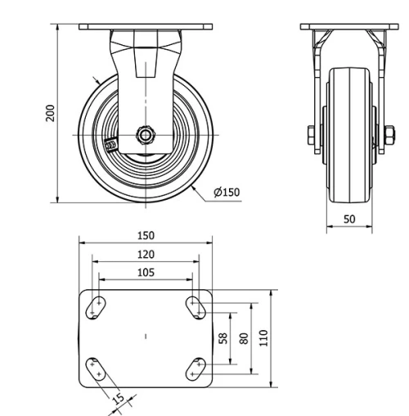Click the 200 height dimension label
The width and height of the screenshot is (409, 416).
50,112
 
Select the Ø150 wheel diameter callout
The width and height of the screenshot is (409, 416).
226,192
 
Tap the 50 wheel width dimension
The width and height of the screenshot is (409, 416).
348,219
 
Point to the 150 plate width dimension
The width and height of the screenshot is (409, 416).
146,235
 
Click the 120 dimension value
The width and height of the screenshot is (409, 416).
146,254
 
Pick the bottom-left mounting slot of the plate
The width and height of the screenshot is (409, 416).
97,368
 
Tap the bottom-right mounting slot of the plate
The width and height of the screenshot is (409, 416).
196,368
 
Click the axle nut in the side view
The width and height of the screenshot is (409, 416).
146,134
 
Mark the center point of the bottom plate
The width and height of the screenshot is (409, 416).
146,337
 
